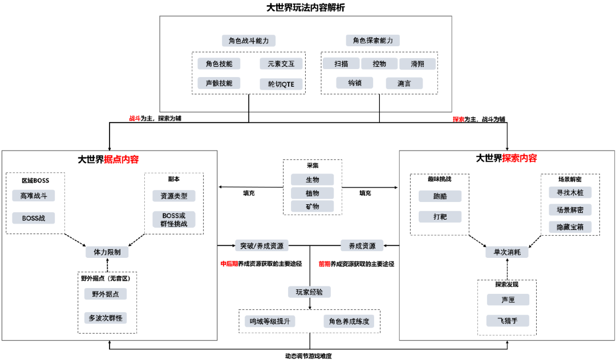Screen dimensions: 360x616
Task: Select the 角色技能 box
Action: click(x=219, y=63)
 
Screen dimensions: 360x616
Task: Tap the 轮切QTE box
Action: click(x=281, y=84)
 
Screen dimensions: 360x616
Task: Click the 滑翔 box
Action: click(x=417, y=64)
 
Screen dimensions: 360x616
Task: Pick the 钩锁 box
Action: click(x=354, y=83)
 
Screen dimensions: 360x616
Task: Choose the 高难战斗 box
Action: click(x=34, y=196)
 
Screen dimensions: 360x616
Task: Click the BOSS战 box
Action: click(x=34, y=217)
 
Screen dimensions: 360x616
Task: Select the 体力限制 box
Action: click(x=107, y=252)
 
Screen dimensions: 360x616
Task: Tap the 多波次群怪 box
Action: click(x=105, y=318)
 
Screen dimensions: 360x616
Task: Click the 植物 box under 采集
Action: click(x=313, y=193)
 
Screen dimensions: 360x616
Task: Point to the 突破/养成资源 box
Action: click(x=262, y=246)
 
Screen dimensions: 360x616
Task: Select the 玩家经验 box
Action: click(x=309, y=292)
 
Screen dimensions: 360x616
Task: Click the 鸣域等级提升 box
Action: click(x=270, y=321)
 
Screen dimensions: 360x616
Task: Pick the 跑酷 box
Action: click(x=440, y=196)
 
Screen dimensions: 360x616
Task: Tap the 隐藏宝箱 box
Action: click(x=570, y=227)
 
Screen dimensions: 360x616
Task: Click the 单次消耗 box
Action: click(x=507, y=252)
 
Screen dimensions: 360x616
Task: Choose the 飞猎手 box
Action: click(x=508, y=321)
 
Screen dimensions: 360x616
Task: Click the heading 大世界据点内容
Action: click(x=108, y=159)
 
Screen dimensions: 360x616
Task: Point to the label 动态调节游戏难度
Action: click(x=309, y=356)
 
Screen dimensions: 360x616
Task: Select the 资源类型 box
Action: click(x=174, y=196)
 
